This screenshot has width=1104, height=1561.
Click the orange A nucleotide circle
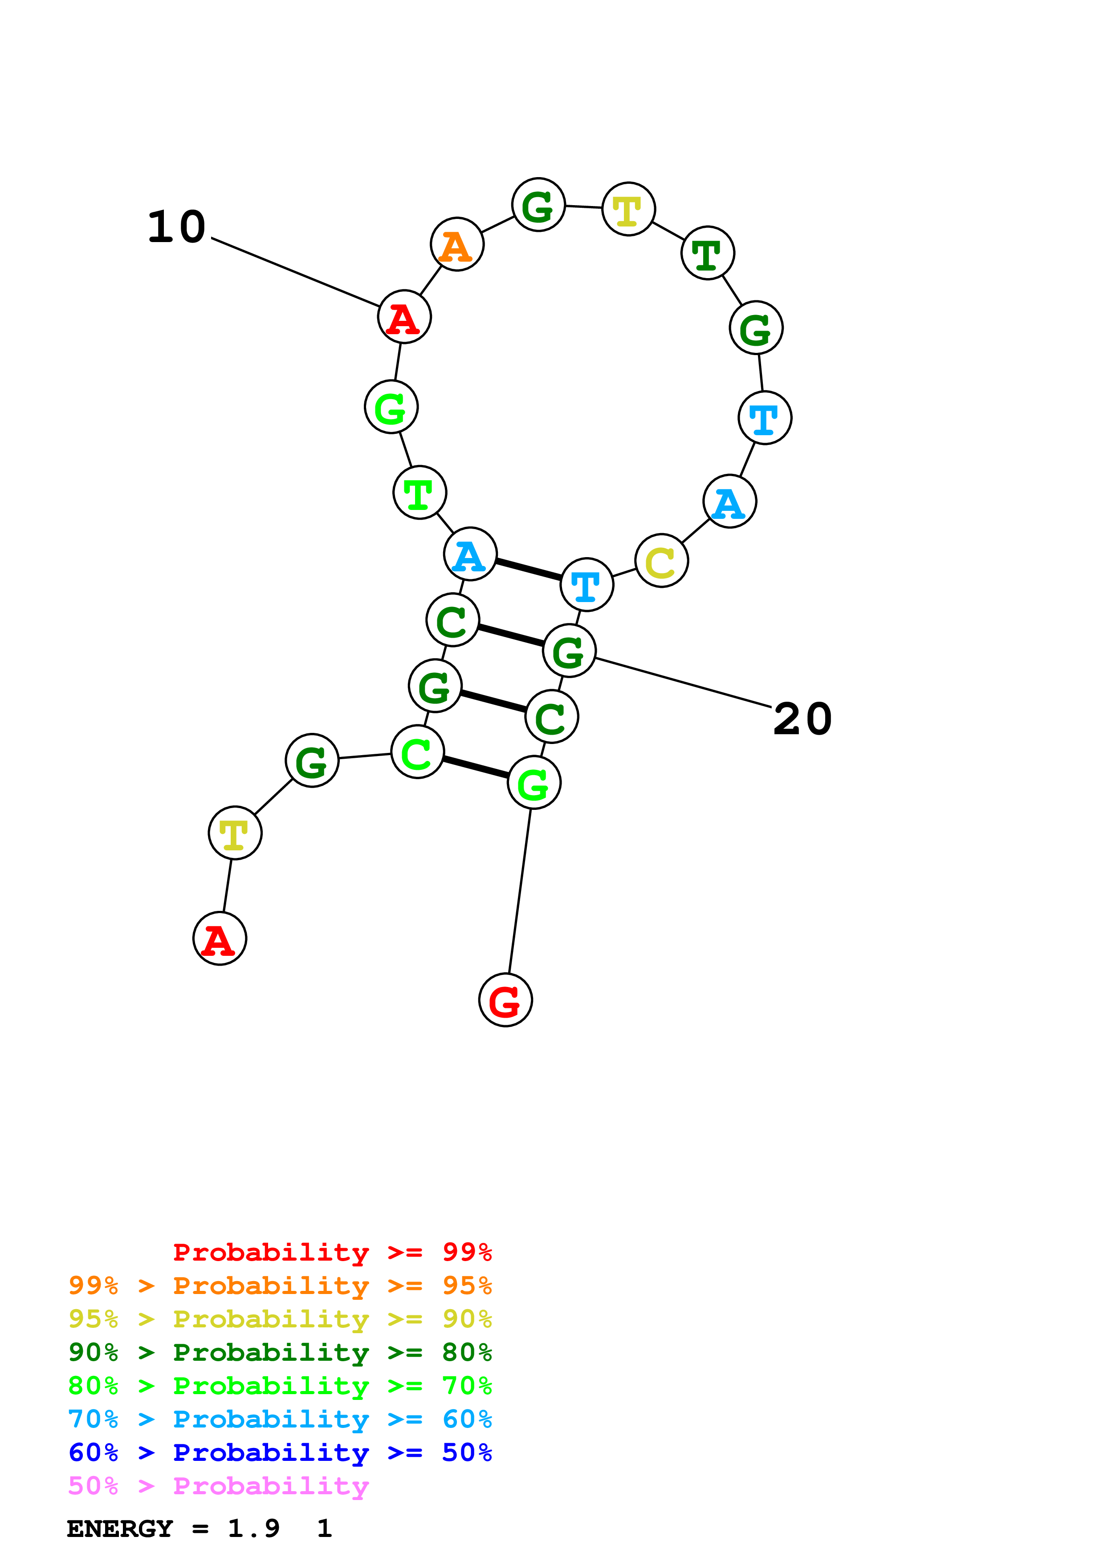457,244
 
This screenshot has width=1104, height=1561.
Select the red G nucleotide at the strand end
505,1000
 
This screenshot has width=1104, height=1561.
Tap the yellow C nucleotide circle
661,561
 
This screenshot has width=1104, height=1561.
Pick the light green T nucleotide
420,492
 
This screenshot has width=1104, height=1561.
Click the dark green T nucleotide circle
708,253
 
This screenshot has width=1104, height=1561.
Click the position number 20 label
803,719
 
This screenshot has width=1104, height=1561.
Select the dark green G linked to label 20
569,651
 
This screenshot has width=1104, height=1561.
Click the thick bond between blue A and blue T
529,570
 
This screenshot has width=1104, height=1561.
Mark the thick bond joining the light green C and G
476,767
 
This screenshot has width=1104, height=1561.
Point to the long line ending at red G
520,891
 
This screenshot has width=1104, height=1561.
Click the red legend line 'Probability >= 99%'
332,1252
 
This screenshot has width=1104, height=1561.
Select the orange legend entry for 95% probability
280,1286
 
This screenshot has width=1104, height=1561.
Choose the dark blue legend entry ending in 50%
280,1452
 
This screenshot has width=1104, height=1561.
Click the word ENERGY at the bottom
120,1529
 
